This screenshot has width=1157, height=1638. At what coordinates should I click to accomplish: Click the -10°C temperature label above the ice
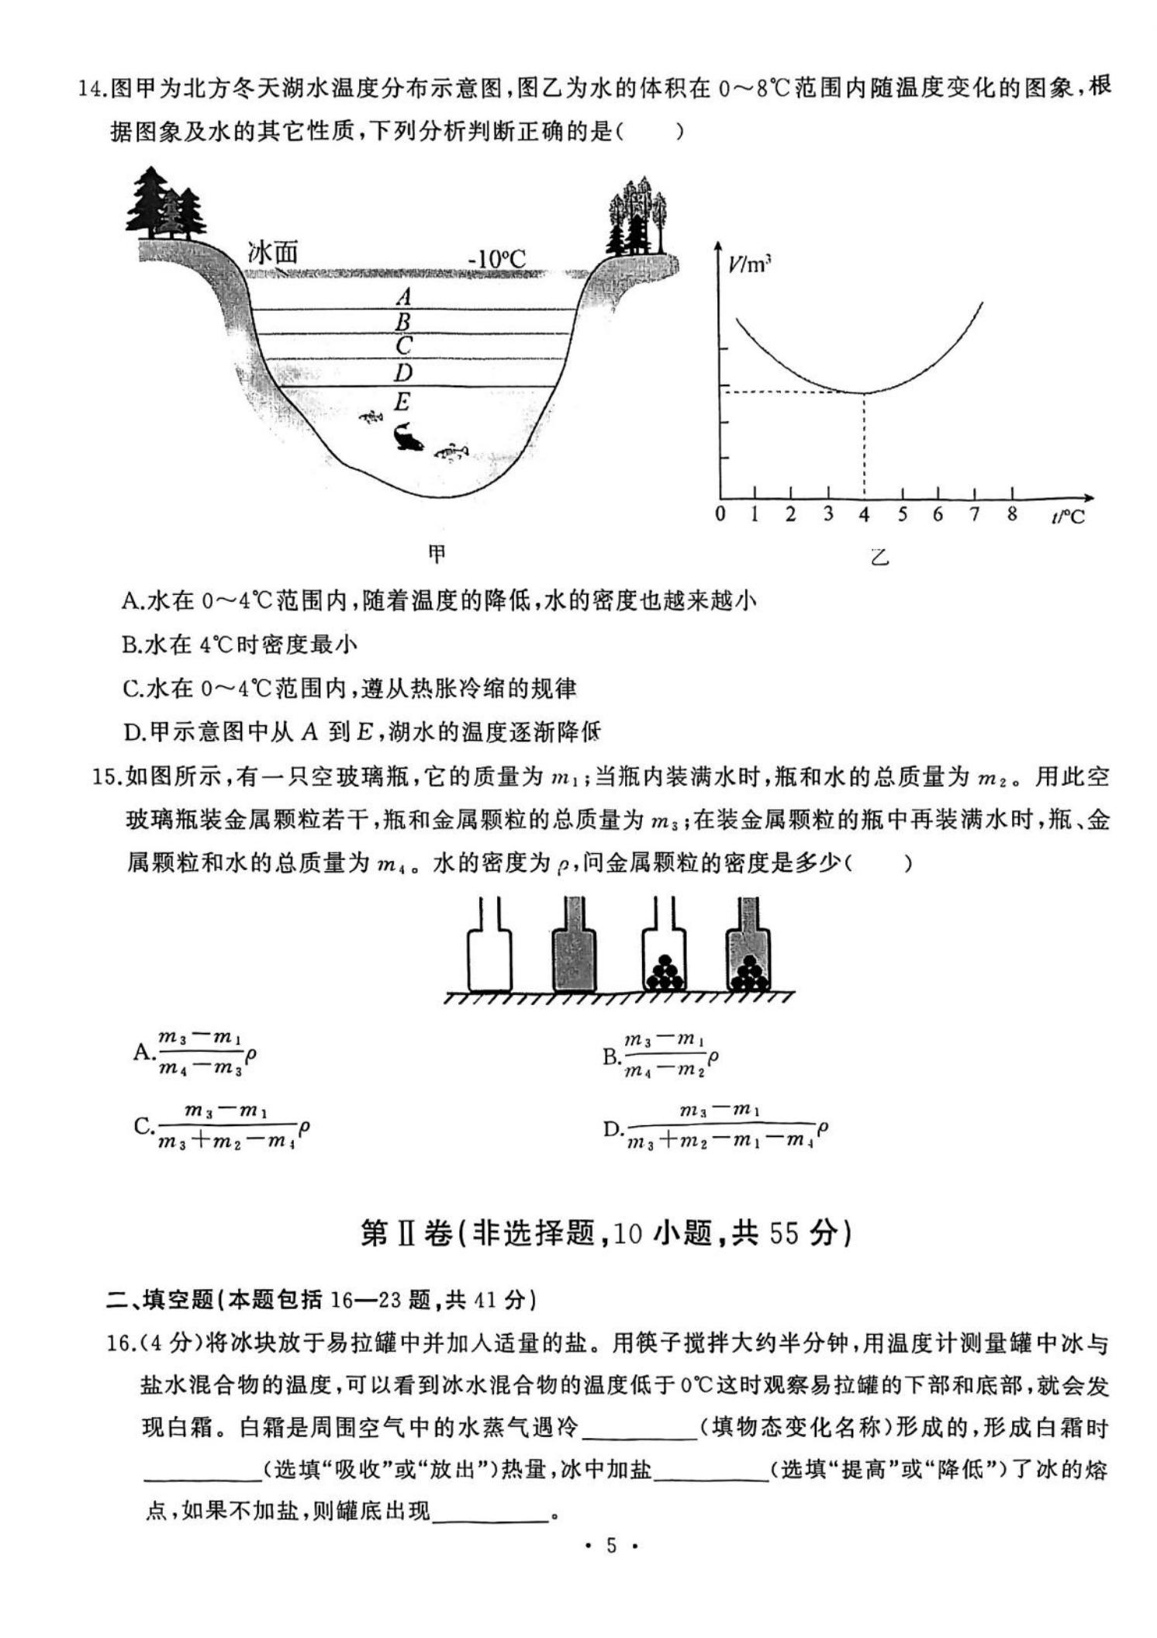point(496,258)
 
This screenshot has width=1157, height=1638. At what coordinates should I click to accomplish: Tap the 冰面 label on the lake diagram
point(273,252)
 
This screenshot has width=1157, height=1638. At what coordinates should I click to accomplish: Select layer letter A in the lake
point(403,296)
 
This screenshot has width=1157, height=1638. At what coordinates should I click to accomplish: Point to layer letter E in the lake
point(401,402)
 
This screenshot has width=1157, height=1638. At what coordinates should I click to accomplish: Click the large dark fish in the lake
point(407,437)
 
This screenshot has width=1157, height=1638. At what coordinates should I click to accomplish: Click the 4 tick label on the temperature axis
point(864,514)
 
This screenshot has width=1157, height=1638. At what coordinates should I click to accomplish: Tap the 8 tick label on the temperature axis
point(1011,513)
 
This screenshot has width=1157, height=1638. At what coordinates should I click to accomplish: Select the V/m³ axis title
point(748,264)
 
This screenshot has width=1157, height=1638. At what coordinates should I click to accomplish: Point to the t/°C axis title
point(1068,516)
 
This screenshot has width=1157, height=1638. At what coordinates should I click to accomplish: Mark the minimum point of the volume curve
point(864,392)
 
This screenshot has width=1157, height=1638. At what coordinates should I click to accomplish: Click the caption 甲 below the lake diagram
point(437,553)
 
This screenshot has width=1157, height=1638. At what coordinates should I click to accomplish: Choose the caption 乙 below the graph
point(879,556)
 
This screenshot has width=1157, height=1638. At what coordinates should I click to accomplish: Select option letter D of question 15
point(613,1128)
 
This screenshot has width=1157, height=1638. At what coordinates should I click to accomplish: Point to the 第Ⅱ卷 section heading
point(407,1232)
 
